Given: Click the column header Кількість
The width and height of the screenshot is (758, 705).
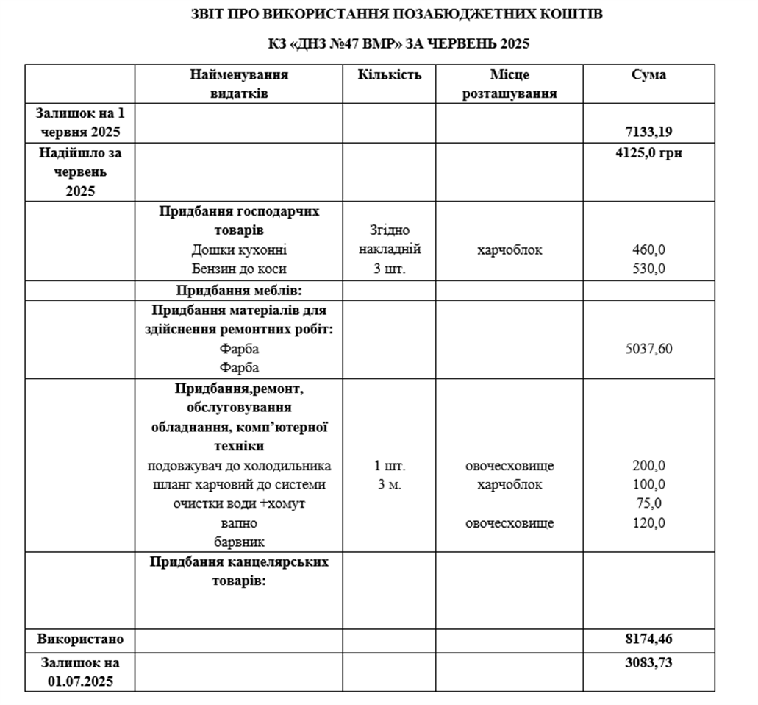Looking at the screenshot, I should coord(390,75).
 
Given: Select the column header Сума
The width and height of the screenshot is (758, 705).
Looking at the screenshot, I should coord(648,75).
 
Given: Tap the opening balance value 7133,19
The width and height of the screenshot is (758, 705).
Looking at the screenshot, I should coord(648,132).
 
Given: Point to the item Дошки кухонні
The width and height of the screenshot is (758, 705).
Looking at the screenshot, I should coord(239,250).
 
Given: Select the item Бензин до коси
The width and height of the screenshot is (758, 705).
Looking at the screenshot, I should coord(239,269).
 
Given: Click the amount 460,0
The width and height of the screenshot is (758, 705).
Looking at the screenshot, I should coord(648,250).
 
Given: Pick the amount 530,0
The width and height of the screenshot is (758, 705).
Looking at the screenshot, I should coord(648,269).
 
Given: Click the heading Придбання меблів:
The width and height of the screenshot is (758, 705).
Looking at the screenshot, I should coord(239,290).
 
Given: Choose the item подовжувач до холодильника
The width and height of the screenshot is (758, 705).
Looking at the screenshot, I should coord(239,466).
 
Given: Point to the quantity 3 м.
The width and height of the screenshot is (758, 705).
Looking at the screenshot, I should coord(390,485).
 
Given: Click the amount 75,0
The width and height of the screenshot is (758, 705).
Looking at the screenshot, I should coord(648,504).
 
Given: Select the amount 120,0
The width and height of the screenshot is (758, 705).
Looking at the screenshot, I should coord(648,523).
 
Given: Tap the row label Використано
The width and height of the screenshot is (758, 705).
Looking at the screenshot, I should coord(81,638).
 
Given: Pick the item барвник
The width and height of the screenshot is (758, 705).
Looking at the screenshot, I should coord(239,542).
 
